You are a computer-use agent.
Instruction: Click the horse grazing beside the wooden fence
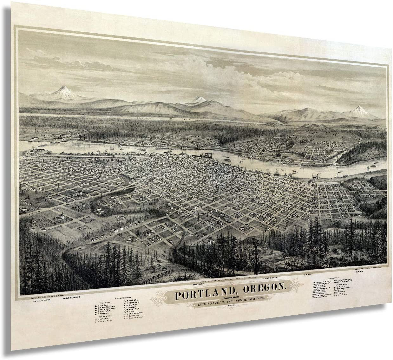click(x=164, y=269)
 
